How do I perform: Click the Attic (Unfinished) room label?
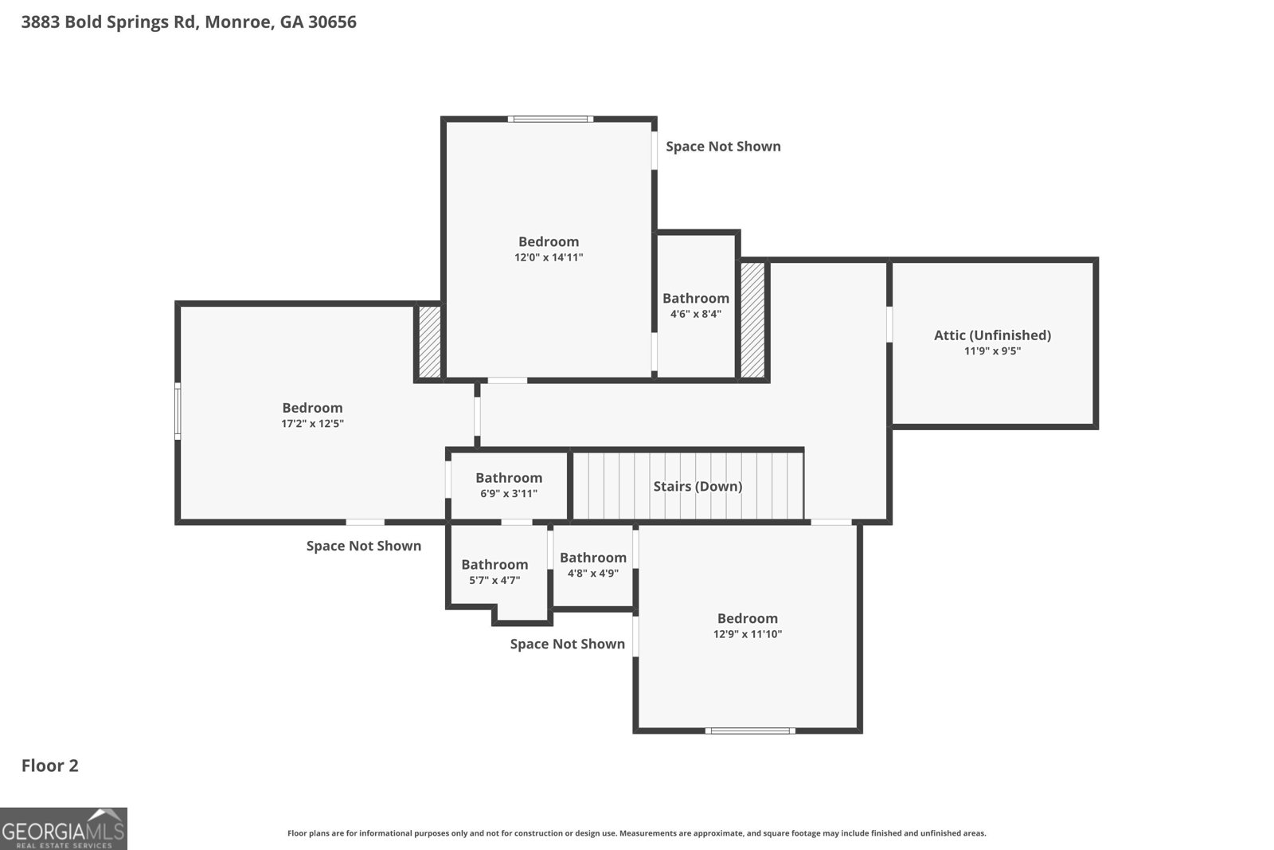(x=992, y=335)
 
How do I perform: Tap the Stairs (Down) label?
(x=698, y=486)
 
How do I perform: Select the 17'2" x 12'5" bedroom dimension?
(x=312, y=423)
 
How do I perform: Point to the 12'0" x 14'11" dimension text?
(x=549, y=257)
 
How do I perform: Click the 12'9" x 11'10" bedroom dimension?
(x=748, y=634)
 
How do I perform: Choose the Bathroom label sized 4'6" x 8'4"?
(x=696, y=298)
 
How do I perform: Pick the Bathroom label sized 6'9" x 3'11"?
(x=509, y=477)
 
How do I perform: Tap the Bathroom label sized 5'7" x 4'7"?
(x=494, y=564)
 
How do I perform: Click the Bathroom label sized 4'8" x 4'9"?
(x=592, y=558)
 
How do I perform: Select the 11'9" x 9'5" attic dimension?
(x=992, y=351)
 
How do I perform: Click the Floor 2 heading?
(x=49, y=766)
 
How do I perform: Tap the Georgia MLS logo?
(x=63, y=828)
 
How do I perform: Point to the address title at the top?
(x=189, y=22)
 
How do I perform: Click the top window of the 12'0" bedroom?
(x=550, y=119)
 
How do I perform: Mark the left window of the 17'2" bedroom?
(x=178, y=411)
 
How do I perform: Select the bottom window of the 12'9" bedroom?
(x=749, y=731)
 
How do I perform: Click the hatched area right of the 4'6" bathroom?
(x=752, y=319)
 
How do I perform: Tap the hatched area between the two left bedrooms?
(x=429, y=342)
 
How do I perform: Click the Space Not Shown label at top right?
(x=723, y=147)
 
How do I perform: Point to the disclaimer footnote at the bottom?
(x=636, y=833)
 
